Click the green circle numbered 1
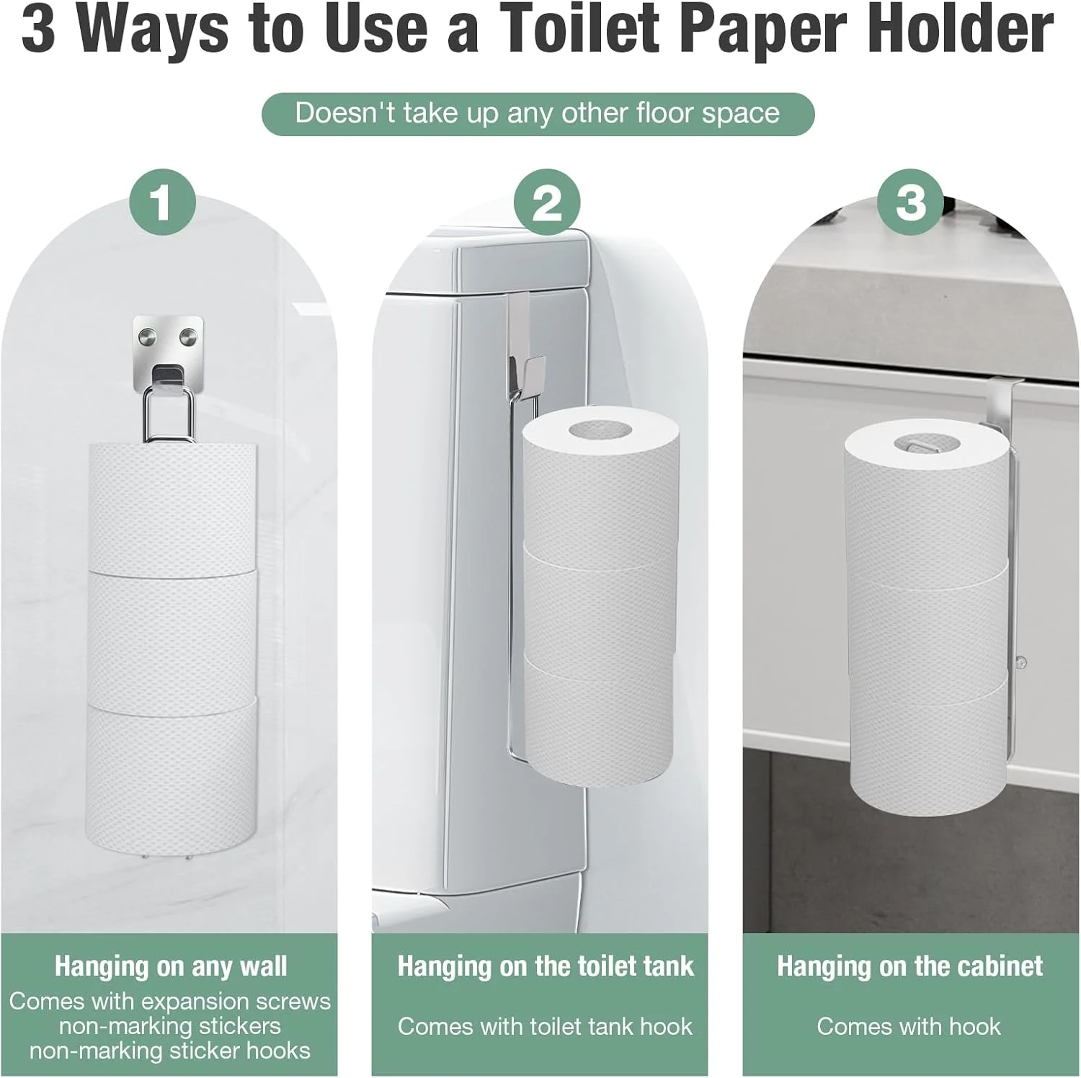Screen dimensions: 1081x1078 pos(163,202)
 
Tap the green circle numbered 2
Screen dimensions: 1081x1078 pos(547,202)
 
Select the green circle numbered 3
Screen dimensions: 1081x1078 pos(911,202)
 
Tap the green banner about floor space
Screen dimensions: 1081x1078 pos(538,114)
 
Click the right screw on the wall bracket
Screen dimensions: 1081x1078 pos(189,335)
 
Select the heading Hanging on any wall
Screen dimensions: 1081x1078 pos(171,966)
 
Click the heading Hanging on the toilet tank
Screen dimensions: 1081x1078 pos(546,966)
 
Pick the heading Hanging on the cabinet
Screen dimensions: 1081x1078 pos(910,966)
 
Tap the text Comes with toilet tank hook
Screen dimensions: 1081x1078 pos(545,1026)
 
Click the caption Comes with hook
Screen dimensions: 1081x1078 pos(909,1026)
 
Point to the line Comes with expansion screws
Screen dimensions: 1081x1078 pos(170,1001)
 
